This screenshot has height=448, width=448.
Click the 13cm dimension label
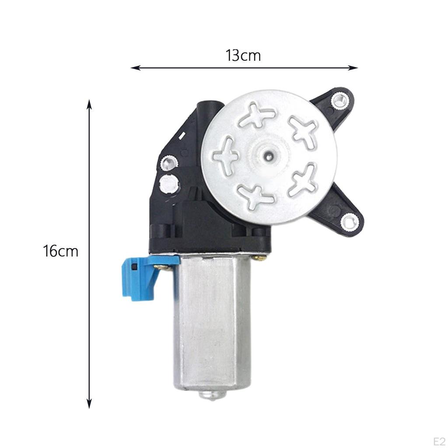[x=243, y=56]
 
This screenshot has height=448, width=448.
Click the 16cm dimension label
[x=61, y=252]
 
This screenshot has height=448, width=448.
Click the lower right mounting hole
[x=349, y=221]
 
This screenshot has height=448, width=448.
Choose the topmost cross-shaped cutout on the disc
[x=257, y=116]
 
